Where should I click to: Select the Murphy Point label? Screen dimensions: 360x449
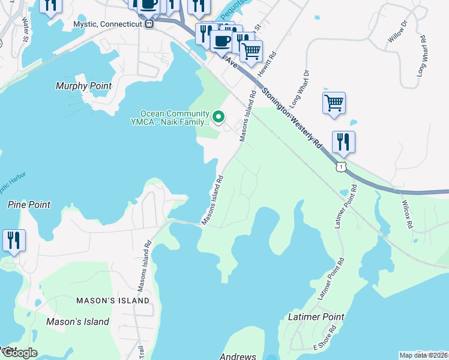point(83,86)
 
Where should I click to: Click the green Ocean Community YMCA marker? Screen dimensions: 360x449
point(219,116)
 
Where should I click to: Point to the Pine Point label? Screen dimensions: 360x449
point(29,205)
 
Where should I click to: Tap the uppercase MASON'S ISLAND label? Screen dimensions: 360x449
point(113,300)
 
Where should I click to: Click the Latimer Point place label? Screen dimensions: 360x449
point(316,316)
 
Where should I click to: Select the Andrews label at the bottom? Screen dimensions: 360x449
point(238,356)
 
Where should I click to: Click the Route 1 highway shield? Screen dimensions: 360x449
point(341,166)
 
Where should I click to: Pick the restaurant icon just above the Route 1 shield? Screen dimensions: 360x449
point(343,142)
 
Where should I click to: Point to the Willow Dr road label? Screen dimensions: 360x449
point(397,31)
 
